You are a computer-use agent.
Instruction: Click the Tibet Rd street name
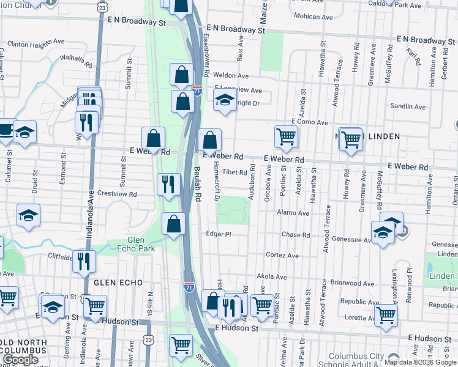(234, 172)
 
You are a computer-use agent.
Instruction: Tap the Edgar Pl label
(218, 234)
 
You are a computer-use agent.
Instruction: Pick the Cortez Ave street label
(281, 255)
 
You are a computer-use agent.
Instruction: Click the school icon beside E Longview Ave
(225, 100)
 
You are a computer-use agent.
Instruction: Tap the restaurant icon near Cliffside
(84, 261)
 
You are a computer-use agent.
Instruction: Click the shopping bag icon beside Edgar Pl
(174, 223)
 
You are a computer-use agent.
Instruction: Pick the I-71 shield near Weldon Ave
(197, 91)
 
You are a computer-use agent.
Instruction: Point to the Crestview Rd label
(116, 193)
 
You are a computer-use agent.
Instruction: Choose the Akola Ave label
(272, 276)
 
